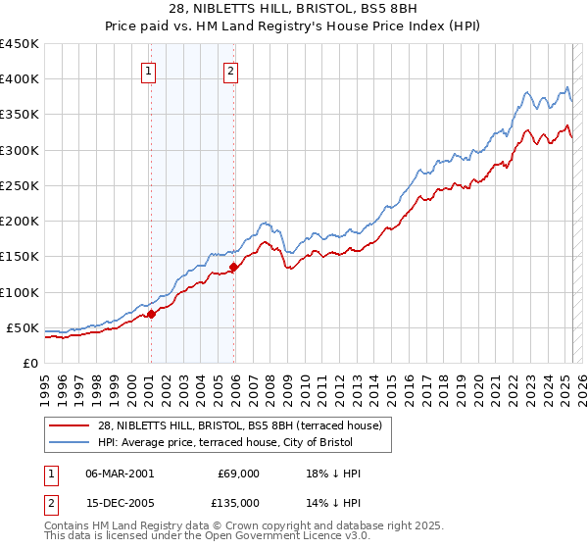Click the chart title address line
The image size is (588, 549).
[293, 8]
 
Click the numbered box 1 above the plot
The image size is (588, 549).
[148, 70]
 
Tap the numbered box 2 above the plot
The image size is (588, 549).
[230, 70]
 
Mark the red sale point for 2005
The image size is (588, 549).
[233, 267]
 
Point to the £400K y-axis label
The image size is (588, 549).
[20, 79]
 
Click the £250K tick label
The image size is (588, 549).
[20, 185]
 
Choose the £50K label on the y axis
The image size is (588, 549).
[24, 327]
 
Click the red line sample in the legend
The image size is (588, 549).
[69, 424]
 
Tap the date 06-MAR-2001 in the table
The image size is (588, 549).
[120, 474]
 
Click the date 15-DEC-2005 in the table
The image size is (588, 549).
[120, 503]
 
